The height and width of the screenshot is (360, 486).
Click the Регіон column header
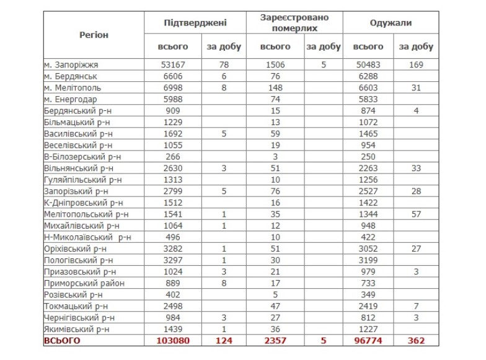tap(94, 35)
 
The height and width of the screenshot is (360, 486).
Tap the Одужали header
tap(391, 23)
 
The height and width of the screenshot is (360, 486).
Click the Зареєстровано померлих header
tap(293, 23)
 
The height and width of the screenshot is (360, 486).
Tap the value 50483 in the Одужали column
tap(368, 64)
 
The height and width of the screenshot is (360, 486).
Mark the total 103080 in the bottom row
tap(170, 341)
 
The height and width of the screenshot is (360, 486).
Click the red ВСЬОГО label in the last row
tap(62, 341)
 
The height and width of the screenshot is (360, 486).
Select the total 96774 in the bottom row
tap(368, 341)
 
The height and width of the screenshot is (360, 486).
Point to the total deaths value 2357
tap(275, 341)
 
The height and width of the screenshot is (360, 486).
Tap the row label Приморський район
tap(84, 283)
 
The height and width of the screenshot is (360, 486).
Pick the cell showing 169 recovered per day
tap(416, 64)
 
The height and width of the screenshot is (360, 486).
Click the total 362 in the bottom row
tap(416, 341)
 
